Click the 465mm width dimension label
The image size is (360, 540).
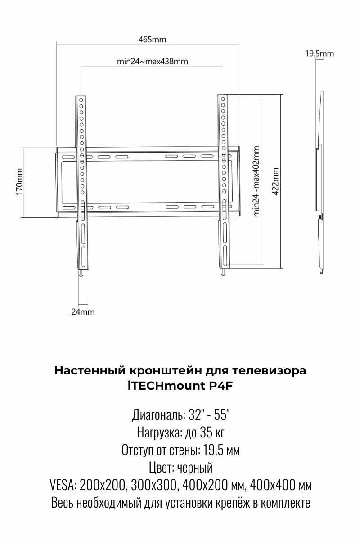pos(152,39)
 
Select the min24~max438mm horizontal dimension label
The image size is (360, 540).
pos(152,62)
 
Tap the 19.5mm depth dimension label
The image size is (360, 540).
pos(319,54)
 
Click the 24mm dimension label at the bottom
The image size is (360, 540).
pos(83,311)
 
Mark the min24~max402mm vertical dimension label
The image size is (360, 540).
pos(256,181)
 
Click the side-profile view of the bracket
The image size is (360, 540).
pos(320,180)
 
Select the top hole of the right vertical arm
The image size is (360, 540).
pos(223,98)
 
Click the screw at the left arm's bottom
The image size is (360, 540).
pos(81,275)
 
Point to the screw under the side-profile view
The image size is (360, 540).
pos(322,272)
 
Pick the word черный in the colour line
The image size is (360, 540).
pos(194,468)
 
